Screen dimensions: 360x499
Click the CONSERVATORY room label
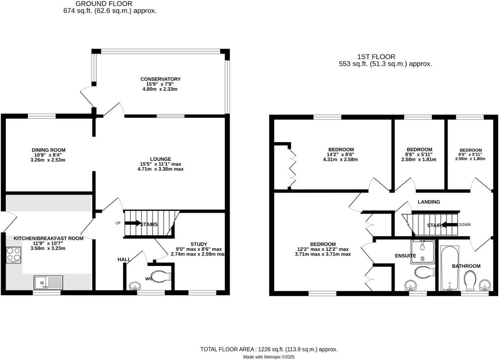(160, 79)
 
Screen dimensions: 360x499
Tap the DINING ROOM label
(48, 150)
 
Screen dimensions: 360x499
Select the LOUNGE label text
(160, 159)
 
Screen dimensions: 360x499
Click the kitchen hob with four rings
(13, 255)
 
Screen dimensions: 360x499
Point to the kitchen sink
(48, 283)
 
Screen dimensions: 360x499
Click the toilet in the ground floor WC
(161, 276)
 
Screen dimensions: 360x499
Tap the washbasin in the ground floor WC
(134, 286)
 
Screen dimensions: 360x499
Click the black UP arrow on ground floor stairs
(133, 223)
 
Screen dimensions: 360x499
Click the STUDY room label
(199, 244)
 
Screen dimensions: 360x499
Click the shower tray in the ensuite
(423, 251)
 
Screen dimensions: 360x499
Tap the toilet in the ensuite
(424, 273)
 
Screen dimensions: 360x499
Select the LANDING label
(429, 202)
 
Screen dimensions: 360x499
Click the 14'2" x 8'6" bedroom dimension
(340, 155)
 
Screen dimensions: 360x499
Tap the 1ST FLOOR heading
(376, 57)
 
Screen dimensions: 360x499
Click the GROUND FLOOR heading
(104, 4)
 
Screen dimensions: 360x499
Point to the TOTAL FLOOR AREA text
(269, 349)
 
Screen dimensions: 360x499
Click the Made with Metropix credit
(269, 357)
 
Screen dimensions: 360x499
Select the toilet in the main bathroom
(470, 281)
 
